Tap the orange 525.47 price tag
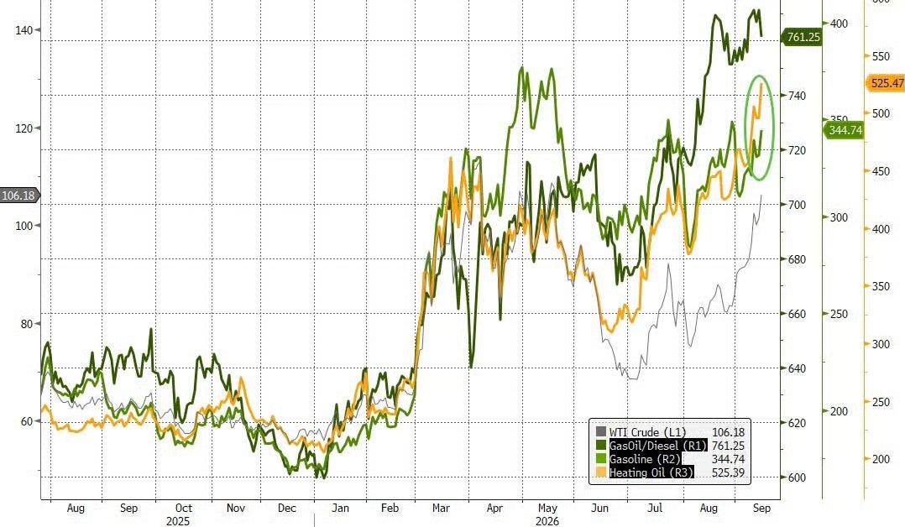886,83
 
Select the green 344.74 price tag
843,130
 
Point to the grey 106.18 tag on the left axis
19,196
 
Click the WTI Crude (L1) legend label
647,432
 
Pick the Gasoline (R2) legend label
646,459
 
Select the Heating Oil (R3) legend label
651,472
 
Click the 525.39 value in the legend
729,472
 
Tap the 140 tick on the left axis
24,30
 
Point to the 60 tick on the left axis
27,421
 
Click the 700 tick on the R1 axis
797,204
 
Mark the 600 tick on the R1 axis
797,477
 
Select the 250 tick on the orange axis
881,402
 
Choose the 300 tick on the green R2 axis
839,217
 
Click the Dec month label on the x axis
287,508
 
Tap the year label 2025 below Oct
178,521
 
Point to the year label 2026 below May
547,521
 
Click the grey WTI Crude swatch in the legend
601,432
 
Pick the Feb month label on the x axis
390,508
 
